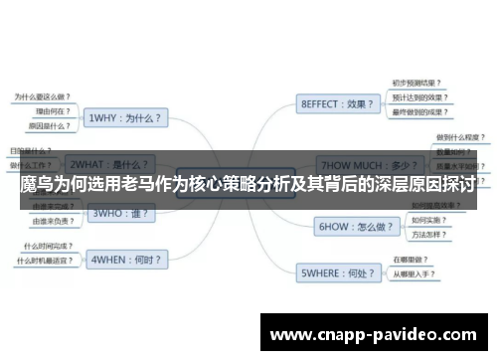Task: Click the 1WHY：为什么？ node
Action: [x=127, y=116]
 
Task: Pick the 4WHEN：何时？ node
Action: [x=127, y=260]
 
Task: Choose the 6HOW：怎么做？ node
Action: [x=349, y=226]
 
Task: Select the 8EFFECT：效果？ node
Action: [x=338, y=102]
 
